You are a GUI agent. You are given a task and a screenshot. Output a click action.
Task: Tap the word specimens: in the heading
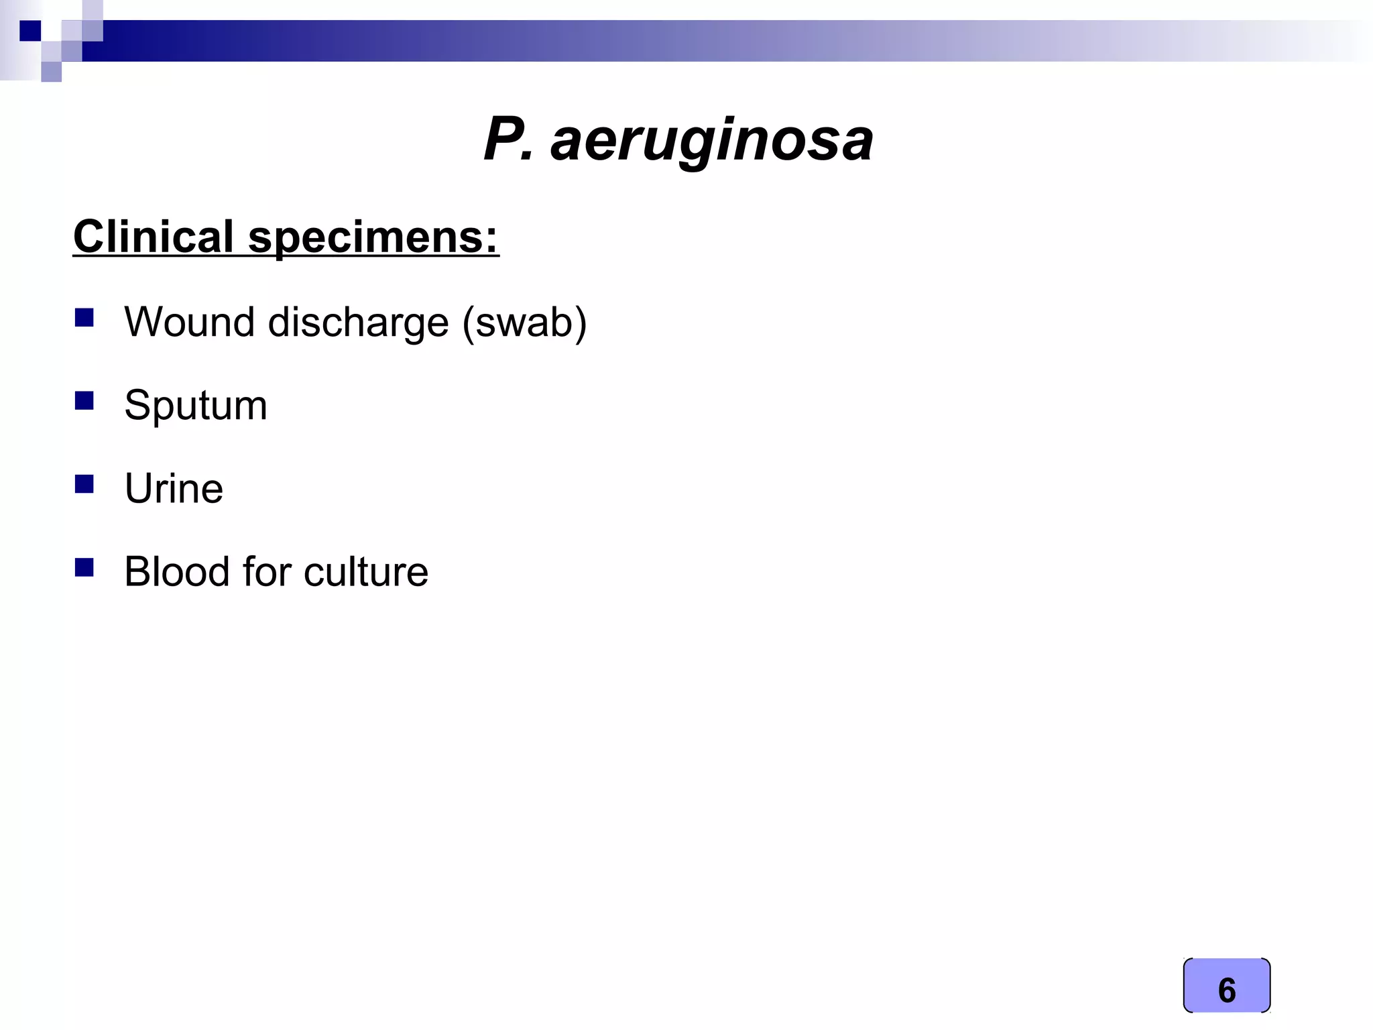[373, 238]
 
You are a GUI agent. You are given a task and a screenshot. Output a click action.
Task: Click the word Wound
[190, 323]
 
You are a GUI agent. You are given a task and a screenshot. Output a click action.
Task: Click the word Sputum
[196, 406]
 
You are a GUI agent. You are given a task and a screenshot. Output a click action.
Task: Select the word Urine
[174, 489]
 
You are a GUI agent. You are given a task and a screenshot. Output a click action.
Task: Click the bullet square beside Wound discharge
[84, 317]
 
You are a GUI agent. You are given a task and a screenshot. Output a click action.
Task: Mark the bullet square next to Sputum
[84, 400]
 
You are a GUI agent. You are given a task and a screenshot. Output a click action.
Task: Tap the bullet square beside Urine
[84, 483]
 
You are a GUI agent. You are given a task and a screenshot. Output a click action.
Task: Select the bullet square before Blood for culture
[84, 567]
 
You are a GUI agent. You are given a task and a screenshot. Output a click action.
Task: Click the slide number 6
[1226, 990]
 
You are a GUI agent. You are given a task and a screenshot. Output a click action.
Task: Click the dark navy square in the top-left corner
[30, 31]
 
